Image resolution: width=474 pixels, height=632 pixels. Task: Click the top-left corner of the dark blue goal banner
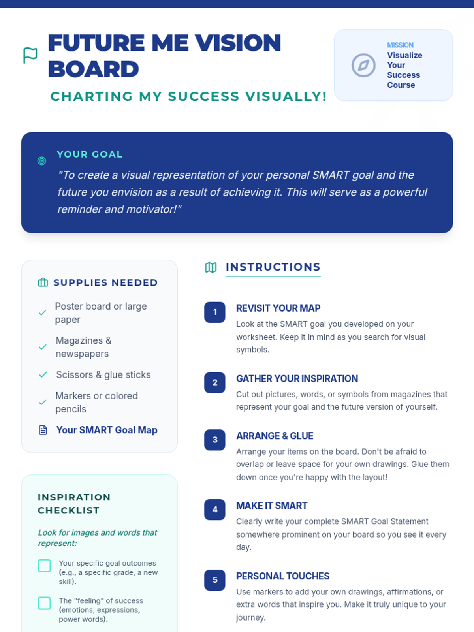pos(22,132)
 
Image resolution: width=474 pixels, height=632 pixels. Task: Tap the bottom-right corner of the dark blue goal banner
pos(452,232)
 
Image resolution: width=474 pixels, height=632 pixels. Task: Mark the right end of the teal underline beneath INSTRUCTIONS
pos(321,276)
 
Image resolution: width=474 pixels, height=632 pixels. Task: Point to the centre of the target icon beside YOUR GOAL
pos(42,161)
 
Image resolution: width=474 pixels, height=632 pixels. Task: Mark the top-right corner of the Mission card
pos(452,30)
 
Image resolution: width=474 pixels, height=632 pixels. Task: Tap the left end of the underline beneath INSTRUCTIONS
pos(226,276)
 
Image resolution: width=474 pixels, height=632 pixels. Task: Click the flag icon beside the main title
pos(30,55)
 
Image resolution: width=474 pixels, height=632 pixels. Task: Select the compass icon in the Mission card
pos(363,65)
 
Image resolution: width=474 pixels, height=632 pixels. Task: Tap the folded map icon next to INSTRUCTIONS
pos(211,267)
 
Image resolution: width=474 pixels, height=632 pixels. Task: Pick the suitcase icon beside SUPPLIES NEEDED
pos(43,282)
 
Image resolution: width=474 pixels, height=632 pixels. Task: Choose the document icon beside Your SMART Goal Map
pos(43,430)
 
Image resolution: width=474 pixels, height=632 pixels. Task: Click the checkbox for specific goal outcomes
pos(44,566)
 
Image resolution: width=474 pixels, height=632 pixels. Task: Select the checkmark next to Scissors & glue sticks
pos(43,374)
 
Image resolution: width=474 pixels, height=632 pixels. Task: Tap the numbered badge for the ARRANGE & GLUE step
pos(215,440)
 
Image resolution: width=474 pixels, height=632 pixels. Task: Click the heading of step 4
pos(272,506)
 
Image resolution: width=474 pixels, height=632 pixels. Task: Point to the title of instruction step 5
pos(282,576)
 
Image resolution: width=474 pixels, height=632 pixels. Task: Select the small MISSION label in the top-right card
pos(400,45)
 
